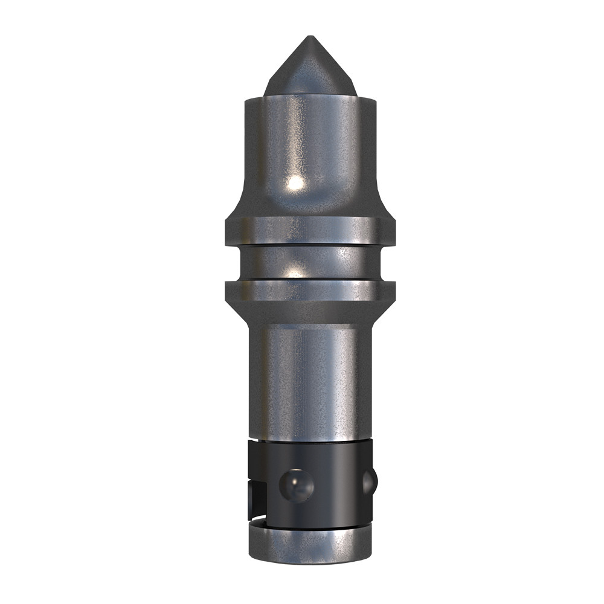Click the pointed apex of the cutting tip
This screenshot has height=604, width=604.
click(x=310, y=38)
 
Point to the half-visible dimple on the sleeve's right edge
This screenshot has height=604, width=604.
click(x=369, y=481)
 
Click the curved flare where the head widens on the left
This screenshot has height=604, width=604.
click(x=239, y=205)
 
